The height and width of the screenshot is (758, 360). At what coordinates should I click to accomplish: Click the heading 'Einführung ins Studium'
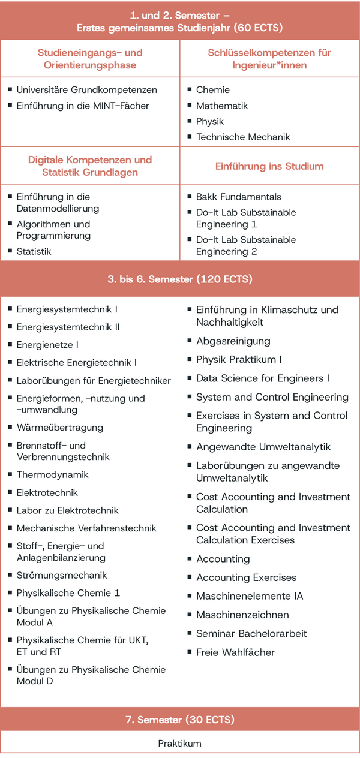point(269,166)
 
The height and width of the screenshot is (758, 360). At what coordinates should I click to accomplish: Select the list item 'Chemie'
point(213,90)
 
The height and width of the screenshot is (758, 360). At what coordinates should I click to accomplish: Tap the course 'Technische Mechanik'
point(243,137)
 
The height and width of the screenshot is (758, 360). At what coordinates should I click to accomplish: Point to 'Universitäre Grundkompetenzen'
point(86,90)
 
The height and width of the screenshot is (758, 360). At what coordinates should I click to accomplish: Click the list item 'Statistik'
point(34,251)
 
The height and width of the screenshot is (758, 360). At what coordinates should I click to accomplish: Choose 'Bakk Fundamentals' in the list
point(238,197)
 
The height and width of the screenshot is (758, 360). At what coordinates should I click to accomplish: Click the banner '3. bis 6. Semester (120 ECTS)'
point(180,279)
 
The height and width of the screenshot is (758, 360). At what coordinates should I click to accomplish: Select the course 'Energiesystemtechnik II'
point(68,327)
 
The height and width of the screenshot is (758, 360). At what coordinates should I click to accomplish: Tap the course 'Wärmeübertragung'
point(60,428)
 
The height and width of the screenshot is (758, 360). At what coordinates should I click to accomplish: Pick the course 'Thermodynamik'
point(52,474)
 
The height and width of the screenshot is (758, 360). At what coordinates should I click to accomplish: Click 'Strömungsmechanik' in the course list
point(62,575)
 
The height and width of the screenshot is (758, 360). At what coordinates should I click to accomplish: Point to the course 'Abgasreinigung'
point(233,341)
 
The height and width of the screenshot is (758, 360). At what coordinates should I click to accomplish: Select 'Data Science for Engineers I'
point(263,378)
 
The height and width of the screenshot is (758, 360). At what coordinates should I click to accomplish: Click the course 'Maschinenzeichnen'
point(242,615)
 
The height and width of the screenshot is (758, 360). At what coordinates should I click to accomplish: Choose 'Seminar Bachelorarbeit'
point(251,633)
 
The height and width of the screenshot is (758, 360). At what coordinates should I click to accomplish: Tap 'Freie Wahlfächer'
point(235,652)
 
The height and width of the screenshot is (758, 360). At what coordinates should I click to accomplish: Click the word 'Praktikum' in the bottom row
point(180,744)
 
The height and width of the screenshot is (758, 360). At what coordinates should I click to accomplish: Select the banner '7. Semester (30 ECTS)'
point(180,720)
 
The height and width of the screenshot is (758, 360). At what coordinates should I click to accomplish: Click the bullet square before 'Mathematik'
point(190,105)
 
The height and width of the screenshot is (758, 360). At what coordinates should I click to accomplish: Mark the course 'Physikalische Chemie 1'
point(68,593)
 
